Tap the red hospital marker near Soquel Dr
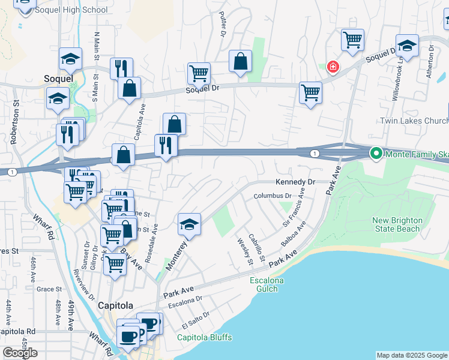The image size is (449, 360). click(x=332, y=67)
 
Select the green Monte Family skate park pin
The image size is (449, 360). click(x=376, y=154)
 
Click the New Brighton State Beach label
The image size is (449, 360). click(x=397, y=224)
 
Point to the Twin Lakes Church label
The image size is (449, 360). click(x=414, y=121)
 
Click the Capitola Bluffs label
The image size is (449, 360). click(x=204, y=337)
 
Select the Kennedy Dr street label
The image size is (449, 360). click(x=295, y=181)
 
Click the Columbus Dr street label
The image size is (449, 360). click(x=272, y=196)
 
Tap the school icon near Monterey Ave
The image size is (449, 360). click(x=189, y=225)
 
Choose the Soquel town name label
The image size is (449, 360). click(x=59, y=78)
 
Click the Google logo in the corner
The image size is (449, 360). click(x=20, y=353)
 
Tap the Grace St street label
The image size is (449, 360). click(x=46, y=289)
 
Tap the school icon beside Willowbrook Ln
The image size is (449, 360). click(x=407, y=46)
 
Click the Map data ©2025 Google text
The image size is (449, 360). click(x=412, y=355)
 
